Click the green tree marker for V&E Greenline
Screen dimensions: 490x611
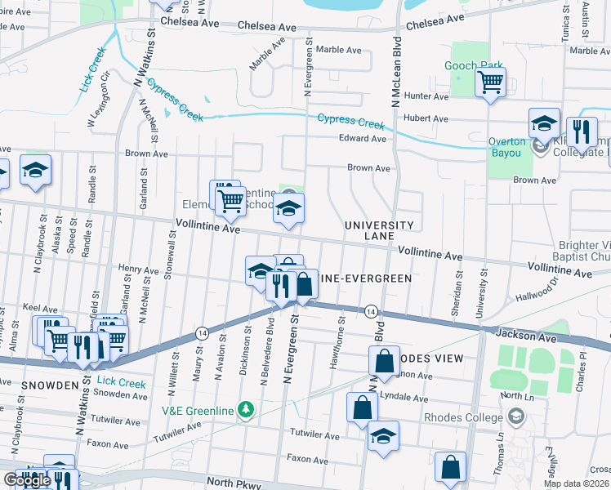244,408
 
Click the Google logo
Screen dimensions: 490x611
27,480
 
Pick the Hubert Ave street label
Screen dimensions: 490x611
429,118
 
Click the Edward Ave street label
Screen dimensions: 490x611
363,139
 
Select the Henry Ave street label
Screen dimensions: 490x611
138,268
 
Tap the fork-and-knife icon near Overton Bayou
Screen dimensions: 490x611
582,131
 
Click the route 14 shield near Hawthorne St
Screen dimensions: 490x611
371,311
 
